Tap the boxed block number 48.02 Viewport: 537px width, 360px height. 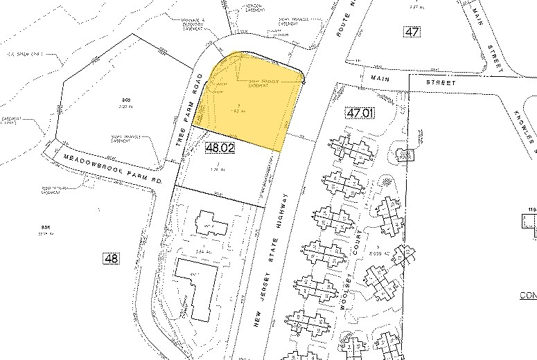click(x=221, y=147)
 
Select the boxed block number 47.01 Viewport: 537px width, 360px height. click(x=360, y=111)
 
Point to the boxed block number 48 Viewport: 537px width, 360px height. click(x=111, y=258)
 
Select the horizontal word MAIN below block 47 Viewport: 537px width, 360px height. click(x=381, y=78)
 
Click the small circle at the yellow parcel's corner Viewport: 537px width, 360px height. click(x=303, y=80)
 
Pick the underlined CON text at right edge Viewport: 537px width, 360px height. click(x=528, y=296)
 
